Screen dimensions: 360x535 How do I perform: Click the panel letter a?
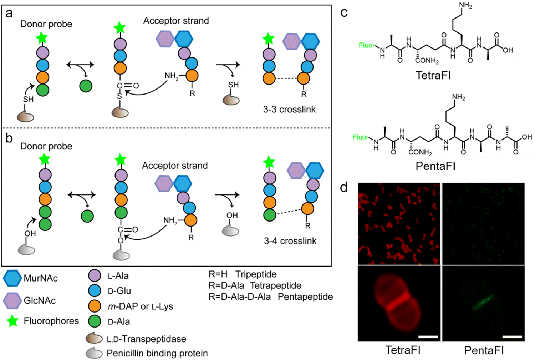pos(9,14)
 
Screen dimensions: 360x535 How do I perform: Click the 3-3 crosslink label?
pos(289,110)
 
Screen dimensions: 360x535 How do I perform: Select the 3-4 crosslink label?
pos(290,241)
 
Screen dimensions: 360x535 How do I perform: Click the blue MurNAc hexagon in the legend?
pos(12,278)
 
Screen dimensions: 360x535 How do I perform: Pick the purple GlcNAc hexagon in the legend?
pos(12,301)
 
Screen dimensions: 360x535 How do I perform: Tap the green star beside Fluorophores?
pos(13,321)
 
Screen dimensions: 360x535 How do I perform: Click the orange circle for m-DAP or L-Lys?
pos(95,306)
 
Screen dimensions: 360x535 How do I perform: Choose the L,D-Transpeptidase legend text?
pos(146,339)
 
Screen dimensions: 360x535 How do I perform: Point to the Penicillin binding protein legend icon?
pos(94,353)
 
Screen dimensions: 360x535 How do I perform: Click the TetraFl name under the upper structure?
pos(433,75)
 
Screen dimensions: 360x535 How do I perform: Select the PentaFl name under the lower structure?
pos(435,166)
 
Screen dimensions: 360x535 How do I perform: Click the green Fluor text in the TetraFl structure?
pos(367,45)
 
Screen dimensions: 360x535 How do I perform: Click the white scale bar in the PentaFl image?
pos(512,336)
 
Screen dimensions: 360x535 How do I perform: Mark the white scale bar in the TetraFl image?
pos(428,336)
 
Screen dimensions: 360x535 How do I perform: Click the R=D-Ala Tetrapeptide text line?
pos(255,285)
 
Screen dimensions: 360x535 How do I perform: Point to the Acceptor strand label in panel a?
pos(176,21)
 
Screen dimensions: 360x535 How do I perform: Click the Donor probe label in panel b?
pos(46,146)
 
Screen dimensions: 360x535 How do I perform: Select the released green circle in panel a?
pos(86,86)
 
